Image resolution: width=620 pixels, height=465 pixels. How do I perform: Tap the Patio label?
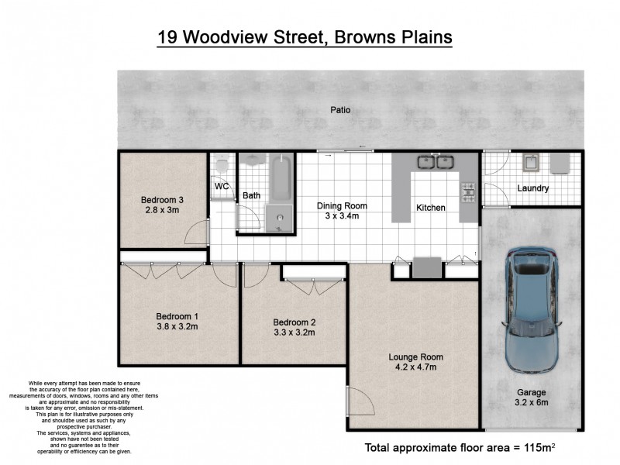(x=340, y=110)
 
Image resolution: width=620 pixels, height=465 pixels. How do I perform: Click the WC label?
(x=222, y=187)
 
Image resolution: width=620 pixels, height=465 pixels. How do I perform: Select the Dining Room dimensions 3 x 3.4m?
(x=341, y=216)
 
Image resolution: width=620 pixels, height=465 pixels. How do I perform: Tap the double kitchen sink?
(x=435, y=163)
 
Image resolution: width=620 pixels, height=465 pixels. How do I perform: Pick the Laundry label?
(x=532, y=188)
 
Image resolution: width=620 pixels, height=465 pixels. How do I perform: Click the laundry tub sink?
(x=532, y=163)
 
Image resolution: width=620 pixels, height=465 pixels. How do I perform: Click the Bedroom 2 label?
(x=294, y=322)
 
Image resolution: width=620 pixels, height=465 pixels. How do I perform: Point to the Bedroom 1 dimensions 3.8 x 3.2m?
(x=177, y=326)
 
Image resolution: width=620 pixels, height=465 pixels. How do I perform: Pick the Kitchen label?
(x=431, y=208)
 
